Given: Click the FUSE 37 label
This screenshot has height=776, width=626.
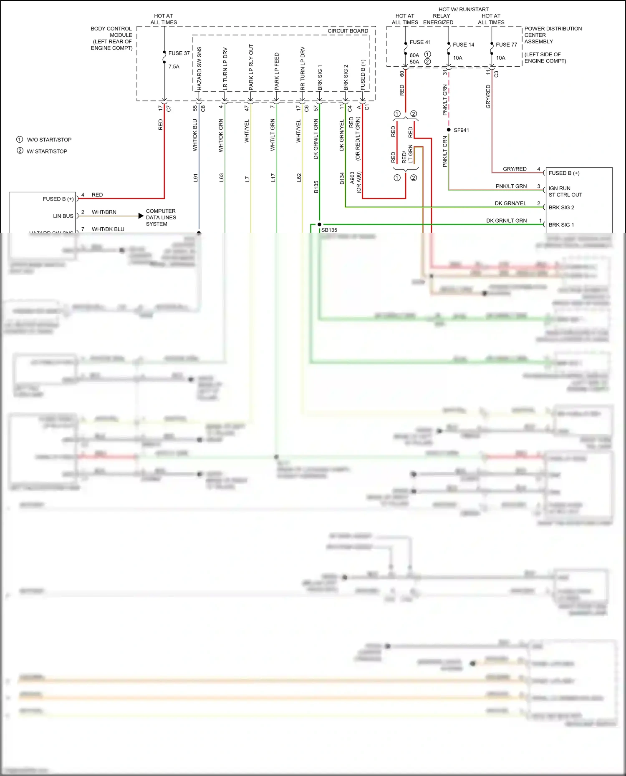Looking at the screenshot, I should coord(179,53).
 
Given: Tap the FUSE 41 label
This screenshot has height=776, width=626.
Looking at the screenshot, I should coord(420,42).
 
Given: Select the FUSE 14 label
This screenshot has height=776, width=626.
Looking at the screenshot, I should coord(463,45).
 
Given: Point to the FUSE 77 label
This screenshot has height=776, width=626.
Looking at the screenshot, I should coord(506,45).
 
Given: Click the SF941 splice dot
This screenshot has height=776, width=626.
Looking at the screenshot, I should coord(449,130).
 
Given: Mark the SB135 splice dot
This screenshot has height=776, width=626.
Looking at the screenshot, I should coord(320,224).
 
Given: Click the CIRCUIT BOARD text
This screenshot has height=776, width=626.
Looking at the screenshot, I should coord(348,31).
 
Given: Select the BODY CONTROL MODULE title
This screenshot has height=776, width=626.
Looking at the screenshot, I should coord(111,38).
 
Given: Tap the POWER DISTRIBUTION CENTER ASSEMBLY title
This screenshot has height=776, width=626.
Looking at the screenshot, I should coord(553,35).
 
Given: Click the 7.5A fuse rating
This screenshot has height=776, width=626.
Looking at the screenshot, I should coord(174,66).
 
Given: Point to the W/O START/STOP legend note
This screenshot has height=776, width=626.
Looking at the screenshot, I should coord(49,140).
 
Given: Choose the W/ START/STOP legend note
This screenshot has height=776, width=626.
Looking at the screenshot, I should coord(47,151).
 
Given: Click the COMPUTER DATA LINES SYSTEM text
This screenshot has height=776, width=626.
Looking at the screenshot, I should coord(161,217).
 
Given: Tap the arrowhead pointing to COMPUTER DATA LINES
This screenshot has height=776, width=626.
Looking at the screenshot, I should coord(141,216).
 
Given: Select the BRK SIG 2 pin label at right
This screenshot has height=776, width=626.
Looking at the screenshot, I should coord(561,207).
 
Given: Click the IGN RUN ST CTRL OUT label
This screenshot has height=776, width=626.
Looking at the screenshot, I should coord(565,191).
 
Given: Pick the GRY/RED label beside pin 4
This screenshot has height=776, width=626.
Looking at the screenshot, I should coord(514,169).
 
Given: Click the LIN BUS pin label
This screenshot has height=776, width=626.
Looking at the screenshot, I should coord(63,216).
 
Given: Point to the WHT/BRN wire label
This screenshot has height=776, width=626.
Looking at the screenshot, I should coord(104,212).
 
